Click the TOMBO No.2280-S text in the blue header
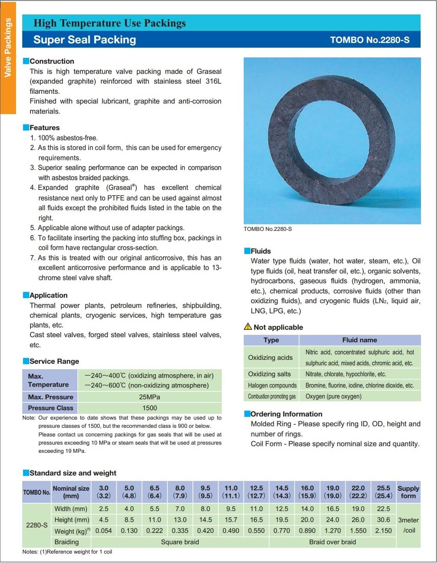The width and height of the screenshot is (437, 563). click(x=369, y=40)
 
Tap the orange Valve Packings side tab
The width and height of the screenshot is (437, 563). click(x=8, y=48)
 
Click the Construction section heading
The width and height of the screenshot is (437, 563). click(x=52, y=61)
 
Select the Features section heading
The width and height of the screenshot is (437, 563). click(x=45, y=128)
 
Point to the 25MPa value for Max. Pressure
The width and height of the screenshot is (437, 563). click(x=150, y=397)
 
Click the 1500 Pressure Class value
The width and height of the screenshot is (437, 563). click(x=150, y=408)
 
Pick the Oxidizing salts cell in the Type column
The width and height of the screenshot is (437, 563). click(x=269, y=374)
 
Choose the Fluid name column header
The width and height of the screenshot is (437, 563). click(x=359, y=340)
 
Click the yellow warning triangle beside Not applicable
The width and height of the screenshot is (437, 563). click(x=248, y=327)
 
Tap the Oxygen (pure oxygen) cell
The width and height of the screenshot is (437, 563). click(x=334, y=396)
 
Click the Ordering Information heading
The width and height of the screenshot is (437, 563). click(x=286, y=414)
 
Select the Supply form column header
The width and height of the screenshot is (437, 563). click(x=408, y=492)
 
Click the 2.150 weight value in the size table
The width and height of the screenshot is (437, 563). click(x=383, y=531)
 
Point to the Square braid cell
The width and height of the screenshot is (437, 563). click(x=180, y=542)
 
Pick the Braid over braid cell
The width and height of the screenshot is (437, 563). click(x=332, y=542)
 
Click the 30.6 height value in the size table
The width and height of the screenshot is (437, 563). click(x=383, y=520)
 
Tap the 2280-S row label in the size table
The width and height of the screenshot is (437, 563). click(x=37, y=525)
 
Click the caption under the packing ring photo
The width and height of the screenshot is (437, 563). click(x=268, y=229)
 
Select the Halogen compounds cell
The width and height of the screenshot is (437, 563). click(x=272, y=385)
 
